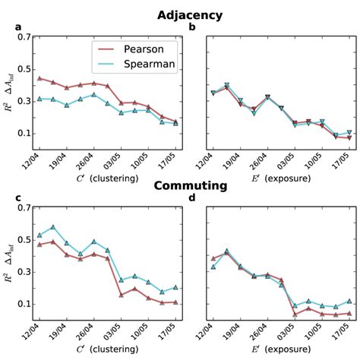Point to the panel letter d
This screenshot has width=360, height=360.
point(192,198)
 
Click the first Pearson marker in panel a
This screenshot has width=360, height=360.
point(39,78)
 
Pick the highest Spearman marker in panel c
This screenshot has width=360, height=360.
point(53,227)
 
